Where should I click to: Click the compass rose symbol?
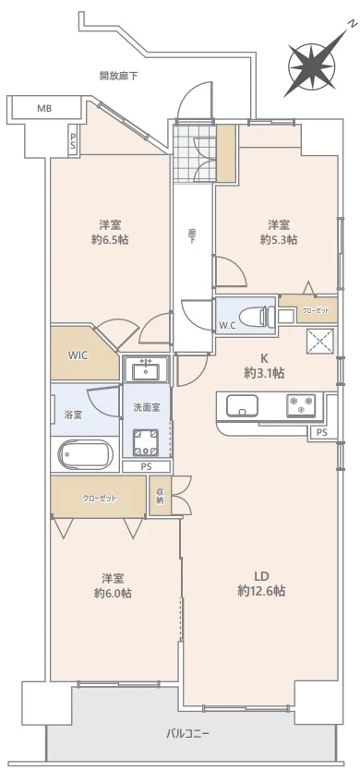click(312, 66)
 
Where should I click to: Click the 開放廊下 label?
click(119, 77)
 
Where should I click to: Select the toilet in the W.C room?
click(254, 315)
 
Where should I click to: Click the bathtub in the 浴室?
click(85, 455)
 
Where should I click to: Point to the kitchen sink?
click(243, 405)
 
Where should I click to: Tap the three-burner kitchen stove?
click(301, 405)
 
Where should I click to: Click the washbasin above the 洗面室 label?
click(146, 368)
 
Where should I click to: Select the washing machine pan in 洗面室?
click(146, 442)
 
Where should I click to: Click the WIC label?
click(78, 355)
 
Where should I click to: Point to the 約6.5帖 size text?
click(110, 240)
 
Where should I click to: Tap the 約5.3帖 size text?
click(279, 240)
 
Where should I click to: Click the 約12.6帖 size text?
click(261, 592)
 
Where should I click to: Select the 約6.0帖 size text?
click(113, 594)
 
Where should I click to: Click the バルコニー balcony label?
click(187, 734)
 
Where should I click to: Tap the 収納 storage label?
click(160, 496)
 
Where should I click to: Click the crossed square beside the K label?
click(319, 342)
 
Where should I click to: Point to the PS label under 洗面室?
click(146, 467)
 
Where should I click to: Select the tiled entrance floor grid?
click(195, 152)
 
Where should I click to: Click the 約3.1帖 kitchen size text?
click(264, 373)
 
